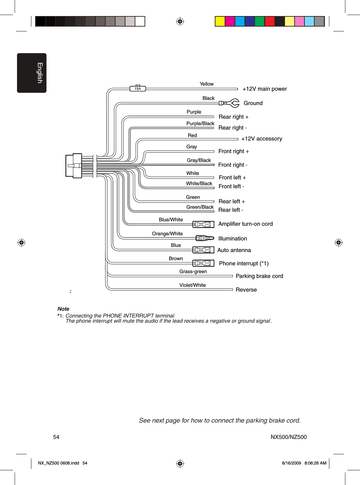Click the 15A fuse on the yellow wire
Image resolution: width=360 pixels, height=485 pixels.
tap(138, 89)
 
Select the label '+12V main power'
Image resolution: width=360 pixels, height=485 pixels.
tap(265, 89)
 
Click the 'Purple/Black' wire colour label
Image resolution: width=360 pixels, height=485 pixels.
tap(200, 123)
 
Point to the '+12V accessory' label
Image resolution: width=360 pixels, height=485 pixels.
tap(261, 139)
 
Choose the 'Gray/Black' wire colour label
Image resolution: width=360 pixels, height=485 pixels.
tap(199, 160)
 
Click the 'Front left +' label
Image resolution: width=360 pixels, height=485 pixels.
tap(232, 178)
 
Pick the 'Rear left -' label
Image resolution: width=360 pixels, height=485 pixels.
tap(230, 210)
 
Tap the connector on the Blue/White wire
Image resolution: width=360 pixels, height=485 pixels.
tap(203, 224)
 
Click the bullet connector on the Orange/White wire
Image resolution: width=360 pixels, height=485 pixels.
tap(205, 238)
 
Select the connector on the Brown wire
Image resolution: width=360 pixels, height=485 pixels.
tap(203, 263)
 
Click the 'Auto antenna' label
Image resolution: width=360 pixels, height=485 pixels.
tap(234, 250)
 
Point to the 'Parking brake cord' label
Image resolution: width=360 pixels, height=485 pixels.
tap(259, 276)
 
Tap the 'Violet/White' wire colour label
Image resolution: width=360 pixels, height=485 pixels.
tap(193, 285)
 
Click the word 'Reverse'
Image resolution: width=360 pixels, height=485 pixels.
tap(246, 290)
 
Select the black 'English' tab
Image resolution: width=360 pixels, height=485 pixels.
tap(32, 73)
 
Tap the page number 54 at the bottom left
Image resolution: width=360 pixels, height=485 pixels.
tap(56, 437)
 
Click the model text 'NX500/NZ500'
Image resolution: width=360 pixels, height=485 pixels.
tap(288, 437)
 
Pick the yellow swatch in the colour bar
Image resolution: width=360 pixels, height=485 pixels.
tap(220, 21)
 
